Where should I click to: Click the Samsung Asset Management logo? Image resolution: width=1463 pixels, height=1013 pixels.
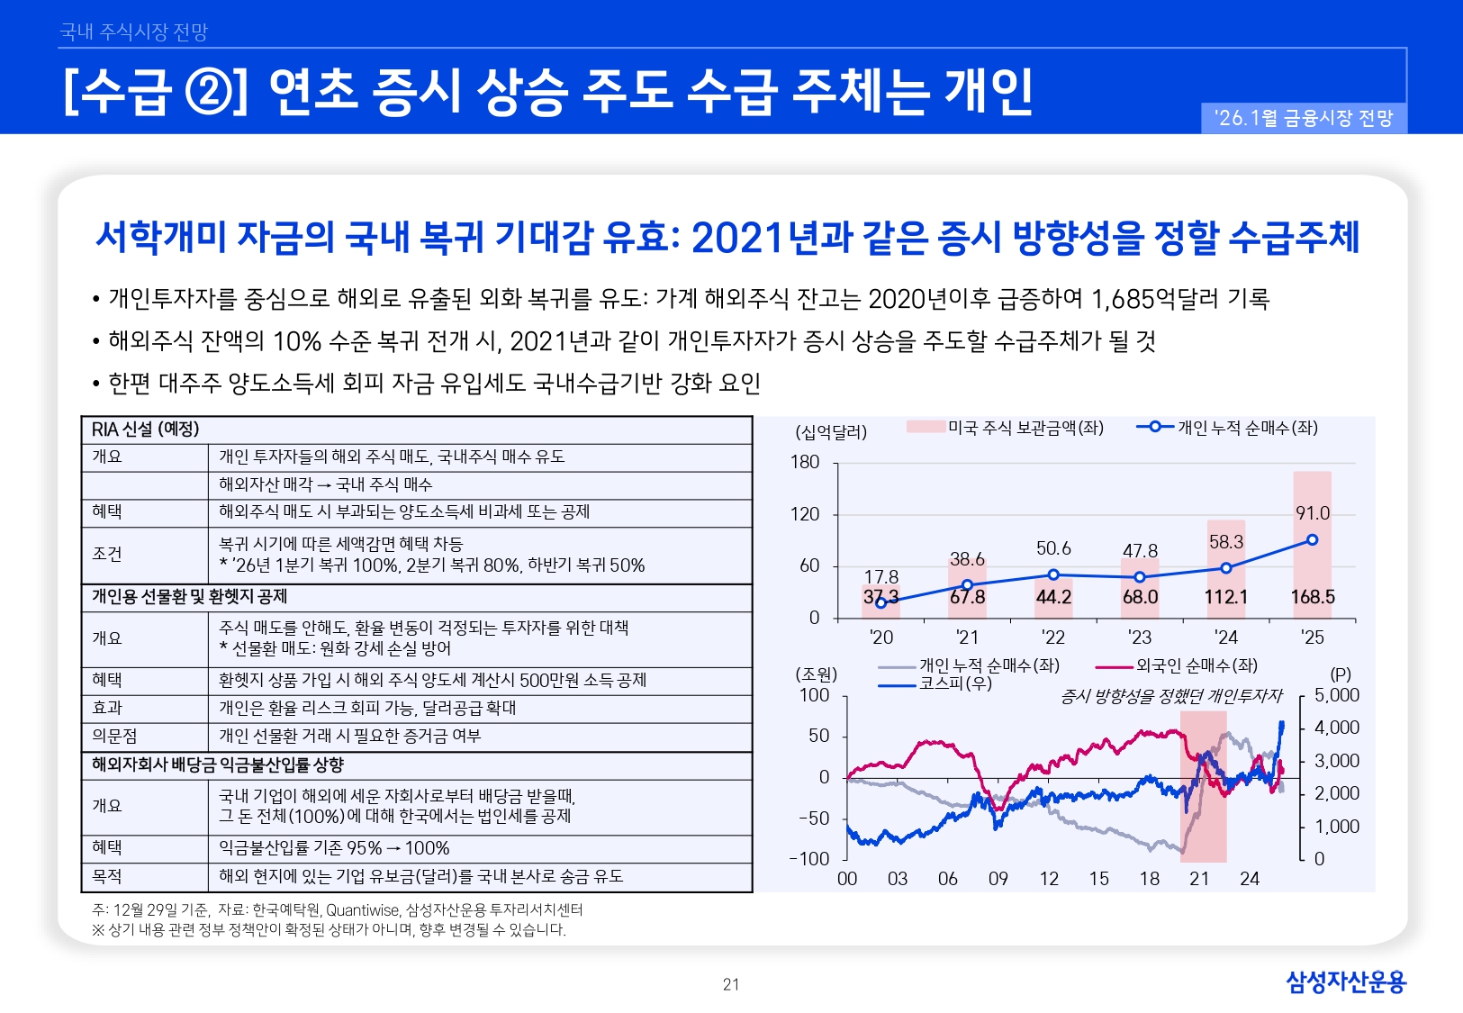(1345, 981)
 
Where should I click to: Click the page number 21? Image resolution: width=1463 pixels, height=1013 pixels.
(731, 984)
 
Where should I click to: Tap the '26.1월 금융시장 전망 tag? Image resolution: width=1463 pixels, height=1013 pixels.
(1304, 118)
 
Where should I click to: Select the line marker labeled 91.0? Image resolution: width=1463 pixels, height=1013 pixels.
(1312, 540)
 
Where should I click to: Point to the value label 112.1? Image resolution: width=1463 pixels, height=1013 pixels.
(1225, 597)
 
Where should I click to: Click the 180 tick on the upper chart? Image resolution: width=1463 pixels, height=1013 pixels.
(805, 462)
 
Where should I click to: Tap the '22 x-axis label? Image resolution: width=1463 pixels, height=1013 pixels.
(1052, 638)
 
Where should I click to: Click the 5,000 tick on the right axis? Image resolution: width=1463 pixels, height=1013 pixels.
(1336, 695)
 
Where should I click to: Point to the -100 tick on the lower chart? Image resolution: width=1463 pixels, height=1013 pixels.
(808, 858)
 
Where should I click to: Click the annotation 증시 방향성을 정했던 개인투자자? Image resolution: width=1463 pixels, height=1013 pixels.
(1170, 695)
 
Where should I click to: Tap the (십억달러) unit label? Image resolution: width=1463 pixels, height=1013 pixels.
(831, 432)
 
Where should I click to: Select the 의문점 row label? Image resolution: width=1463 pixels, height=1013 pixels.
(114, 737)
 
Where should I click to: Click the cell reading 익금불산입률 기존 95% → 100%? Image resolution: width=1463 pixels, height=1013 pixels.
(334, 848)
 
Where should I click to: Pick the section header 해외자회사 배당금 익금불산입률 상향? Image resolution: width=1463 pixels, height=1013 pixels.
(218, 765)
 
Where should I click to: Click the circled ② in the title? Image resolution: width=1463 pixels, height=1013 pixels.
(209, 91)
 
